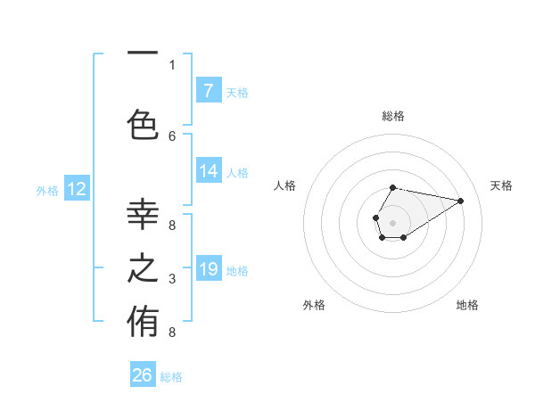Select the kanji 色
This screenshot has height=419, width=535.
click(x=143, y=124)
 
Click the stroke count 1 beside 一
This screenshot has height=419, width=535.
click(x=172, y=64)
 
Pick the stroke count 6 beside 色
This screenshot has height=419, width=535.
click(x=172, y=136)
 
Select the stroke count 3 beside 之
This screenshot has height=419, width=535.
click(x=172, y=279)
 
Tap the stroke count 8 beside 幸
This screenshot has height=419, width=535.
click(x=172, y=225)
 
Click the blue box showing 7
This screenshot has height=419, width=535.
click(x=209, y=91)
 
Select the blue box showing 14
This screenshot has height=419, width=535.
click(x=209, y=172)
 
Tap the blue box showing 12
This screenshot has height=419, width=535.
click(x=76, y=189)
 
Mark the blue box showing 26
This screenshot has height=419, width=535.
click(x=143, y=376)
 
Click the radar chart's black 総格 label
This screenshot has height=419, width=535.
click(x=393, y=116)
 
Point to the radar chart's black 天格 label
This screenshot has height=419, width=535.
click(x=501, y=185)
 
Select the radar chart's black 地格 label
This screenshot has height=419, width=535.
click(x=467, y=305)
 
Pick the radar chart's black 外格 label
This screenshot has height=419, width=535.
click(x=314, y=305)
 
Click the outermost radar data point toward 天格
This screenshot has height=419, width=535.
click(x=461, y=201)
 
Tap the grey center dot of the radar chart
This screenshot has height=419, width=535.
click(x=392, y=222)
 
